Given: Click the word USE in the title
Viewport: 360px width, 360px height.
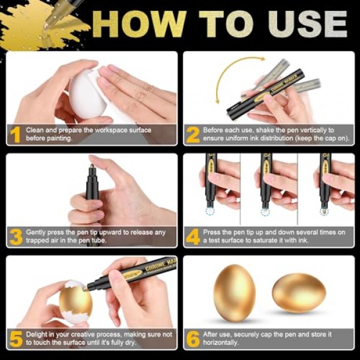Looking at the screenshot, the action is coord(308,24).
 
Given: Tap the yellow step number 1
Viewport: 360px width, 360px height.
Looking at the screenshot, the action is coord(16,135).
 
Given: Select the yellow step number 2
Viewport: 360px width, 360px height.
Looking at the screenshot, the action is coord(193,135).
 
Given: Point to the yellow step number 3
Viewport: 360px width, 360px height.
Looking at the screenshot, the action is coord(16,237).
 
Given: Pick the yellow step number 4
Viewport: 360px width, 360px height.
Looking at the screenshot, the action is coord(193,237).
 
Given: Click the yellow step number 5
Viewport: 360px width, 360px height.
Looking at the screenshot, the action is coord(16,338).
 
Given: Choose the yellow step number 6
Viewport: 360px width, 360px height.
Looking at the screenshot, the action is coord(193,338).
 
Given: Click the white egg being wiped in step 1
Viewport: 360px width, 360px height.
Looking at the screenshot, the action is coord(86,94).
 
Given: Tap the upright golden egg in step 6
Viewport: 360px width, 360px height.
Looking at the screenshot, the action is coord(235,293).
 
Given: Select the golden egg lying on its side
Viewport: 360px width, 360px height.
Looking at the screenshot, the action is coord(299,293).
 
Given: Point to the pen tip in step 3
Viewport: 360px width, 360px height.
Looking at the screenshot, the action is coord(92,166).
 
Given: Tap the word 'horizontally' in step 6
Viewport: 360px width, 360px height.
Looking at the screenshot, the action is coord(221,343).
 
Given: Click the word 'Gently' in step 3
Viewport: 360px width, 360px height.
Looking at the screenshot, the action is coord(35,233).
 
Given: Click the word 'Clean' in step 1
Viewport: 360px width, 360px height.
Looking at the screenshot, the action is coord(35,130).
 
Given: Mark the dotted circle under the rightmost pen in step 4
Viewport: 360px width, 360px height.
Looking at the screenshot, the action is coord(324,212).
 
